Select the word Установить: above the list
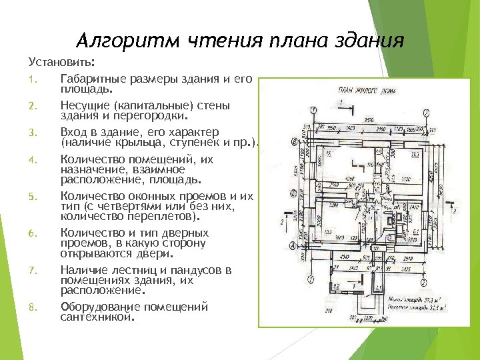click(62, 63)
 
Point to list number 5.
click(31, 197)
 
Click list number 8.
click(31, 307)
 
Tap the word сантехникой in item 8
click(97, 317)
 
